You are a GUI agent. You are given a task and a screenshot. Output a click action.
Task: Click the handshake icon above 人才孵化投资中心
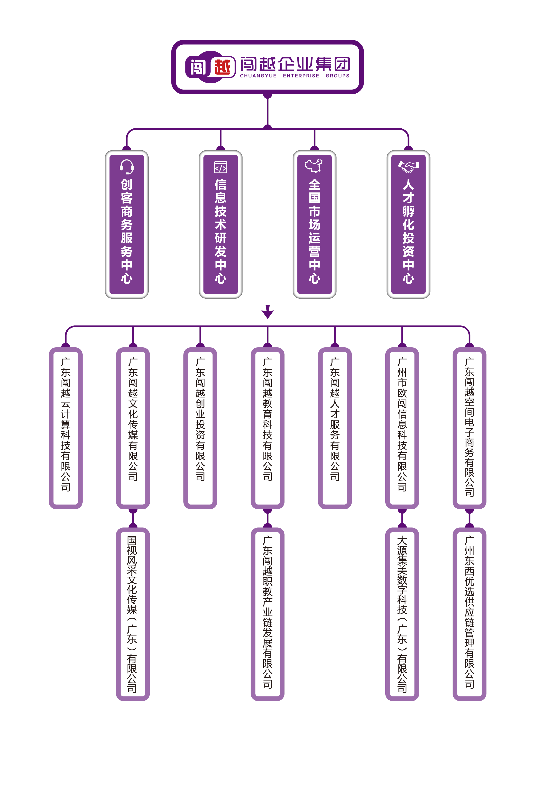click(408, 166)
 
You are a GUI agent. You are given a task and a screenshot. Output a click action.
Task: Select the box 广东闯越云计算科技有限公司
click(66, 427)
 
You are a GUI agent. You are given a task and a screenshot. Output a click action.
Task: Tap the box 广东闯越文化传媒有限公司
click(133, 427)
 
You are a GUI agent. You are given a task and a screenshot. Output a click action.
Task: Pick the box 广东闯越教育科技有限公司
click(267, 427)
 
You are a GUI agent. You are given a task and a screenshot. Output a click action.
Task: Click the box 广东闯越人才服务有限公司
click(335, 427)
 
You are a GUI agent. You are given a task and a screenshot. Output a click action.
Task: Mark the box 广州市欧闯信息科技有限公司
click(402, 427)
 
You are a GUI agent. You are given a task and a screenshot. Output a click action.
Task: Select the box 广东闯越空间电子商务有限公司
click(469, 427)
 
